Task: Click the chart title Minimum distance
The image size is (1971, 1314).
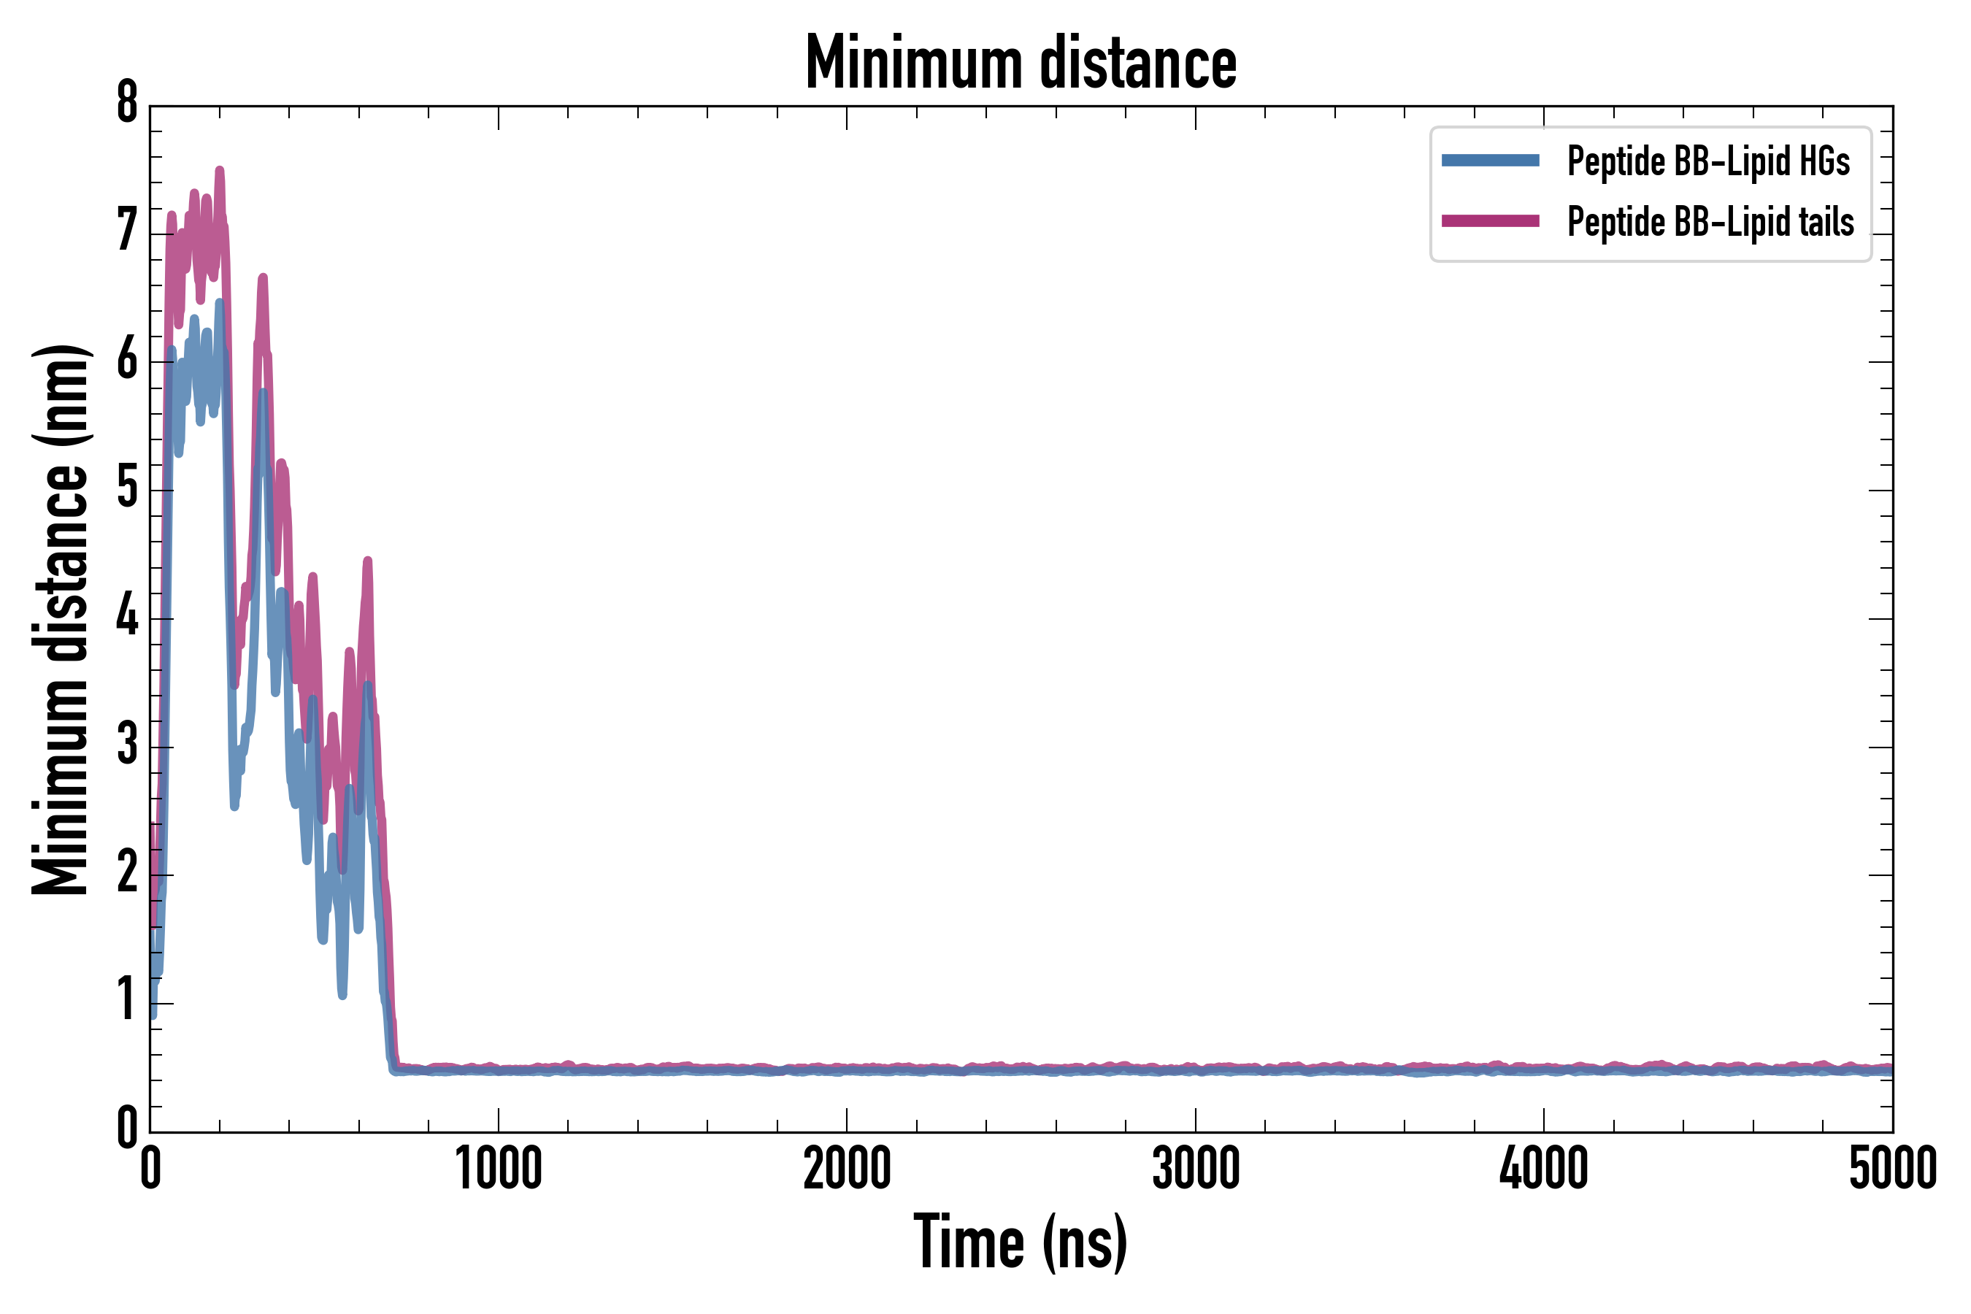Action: [1020, 63]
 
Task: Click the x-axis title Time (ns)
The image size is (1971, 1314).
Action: [1020, 1242]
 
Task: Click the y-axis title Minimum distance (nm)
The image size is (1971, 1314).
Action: [61, 620]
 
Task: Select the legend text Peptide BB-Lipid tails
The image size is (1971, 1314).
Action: [1710, 222]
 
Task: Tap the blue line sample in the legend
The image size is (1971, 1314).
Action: [1490, 161]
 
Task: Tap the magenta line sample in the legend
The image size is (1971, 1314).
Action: [1490, 221]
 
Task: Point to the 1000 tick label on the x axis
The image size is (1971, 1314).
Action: [499, 1169]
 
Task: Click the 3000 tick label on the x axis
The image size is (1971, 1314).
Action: [1195, 1169]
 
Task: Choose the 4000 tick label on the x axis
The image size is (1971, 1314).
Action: [1544, 1169]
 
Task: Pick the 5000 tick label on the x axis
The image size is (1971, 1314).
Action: [1892, 1169]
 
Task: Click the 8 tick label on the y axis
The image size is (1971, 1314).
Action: [126, 104]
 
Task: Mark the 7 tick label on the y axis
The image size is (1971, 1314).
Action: [126, 231]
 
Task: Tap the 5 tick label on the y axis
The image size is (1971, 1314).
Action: [126, 487]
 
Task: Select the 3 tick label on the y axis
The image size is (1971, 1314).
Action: [126, 744]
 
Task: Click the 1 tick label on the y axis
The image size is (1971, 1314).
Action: [126, 1001]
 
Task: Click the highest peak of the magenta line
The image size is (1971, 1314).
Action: [220, 171]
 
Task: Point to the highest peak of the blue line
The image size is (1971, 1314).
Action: [220, 302]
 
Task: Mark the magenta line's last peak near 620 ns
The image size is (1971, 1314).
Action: [367, 561]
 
